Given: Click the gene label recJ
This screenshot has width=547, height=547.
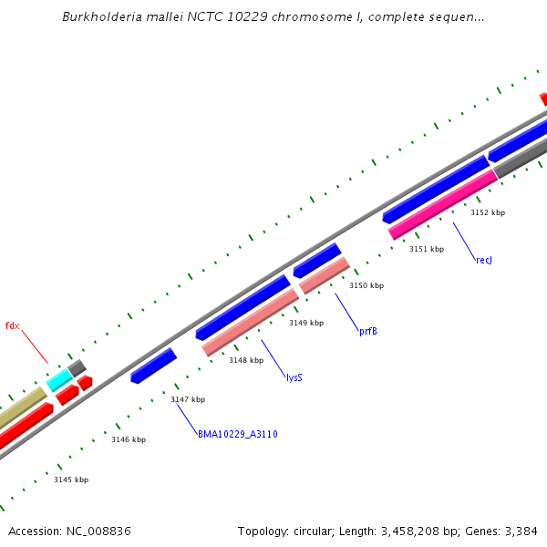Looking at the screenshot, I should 484,261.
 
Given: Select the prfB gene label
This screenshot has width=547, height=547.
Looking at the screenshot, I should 367,331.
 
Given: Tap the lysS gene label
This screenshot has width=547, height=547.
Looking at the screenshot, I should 294,377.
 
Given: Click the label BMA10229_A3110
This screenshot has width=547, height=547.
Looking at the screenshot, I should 237,434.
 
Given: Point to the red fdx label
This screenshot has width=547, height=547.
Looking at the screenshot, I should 12,325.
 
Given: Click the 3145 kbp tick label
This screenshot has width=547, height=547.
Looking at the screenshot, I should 71,480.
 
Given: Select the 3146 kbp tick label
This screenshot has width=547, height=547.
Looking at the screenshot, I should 129,439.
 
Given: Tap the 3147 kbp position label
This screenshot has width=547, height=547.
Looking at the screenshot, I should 188,399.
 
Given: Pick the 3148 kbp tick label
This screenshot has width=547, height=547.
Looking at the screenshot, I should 246,360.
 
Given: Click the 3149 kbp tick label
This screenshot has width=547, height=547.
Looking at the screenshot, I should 306,323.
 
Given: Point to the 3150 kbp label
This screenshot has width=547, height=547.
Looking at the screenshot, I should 366,285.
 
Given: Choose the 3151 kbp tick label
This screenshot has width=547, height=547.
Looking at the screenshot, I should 427,249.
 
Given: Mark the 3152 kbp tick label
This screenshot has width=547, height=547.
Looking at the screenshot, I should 488,212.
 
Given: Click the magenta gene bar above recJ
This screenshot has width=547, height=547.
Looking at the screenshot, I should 443,205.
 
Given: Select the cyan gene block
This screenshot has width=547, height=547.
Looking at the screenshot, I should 59,380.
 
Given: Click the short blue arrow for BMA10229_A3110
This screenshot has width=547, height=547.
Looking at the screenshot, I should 153,366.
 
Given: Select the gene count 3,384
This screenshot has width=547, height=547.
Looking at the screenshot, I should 519,531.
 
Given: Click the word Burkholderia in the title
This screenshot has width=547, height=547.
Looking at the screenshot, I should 98,17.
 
